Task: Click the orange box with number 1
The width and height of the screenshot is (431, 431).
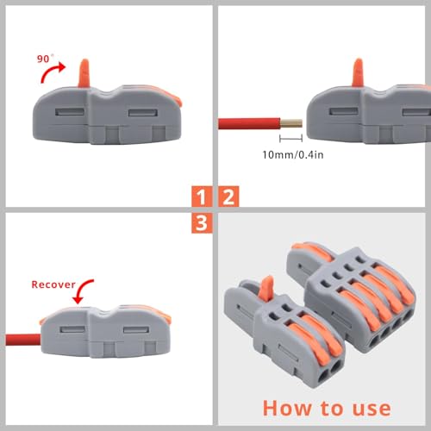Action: pos(200,196)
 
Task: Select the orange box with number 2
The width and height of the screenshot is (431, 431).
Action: pos(228,196)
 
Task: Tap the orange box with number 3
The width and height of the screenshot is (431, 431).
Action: pos(200,223)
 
